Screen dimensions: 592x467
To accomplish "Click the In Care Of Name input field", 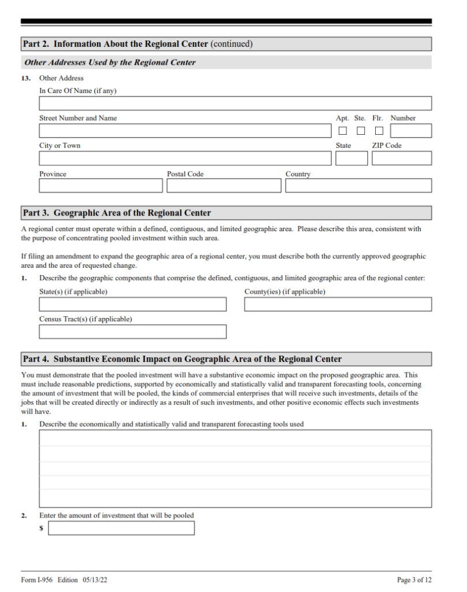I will (x=235, y=103).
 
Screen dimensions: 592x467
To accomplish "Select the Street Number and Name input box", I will (x=185, y=131).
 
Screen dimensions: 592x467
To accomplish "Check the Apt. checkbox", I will (x=343, y=131).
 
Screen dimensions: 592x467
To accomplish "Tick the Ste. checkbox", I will (x=361, y=131).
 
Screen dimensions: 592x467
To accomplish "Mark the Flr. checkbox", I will (x=379, y=131).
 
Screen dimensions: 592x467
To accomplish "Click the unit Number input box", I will (x=410, y=131).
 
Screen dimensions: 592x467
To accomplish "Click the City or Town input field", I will (x=185, y=158).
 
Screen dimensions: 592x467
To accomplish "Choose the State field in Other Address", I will (x=351, y=158).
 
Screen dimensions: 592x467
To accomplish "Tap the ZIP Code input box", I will (x=401, y=158).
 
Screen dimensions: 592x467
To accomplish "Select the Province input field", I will (x=101, y=186).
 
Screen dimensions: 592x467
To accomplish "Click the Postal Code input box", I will (x=224, y=186).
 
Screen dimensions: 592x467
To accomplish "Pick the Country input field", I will (x=358, y=186).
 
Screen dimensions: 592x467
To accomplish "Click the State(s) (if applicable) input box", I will (x=133, y=305).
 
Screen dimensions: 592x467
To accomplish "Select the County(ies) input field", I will (x=338, y=305).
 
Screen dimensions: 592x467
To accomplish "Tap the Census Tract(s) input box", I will (x=133, y=332).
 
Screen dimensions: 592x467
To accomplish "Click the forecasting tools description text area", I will (x=235, y=468).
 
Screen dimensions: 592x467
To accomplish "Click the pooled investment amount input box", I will (x=121, y=528).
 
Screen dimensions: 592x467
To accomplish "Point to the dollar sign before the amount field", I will (x=42, y=528).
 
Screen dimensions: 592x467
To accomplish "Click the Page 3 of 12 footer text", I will (x=414, y=580).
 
